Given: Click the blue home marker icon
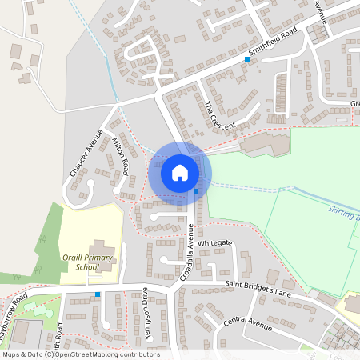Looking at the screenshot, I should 180,173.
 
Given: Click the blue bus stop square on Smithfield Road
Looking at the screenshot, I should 247,59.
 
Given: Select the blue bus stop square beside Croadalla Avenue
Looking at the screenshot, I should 196,191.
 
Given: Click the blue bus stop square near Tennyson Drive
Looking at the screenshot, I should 98,294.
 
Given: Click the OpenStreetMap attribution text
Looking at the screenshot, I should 80,354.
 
